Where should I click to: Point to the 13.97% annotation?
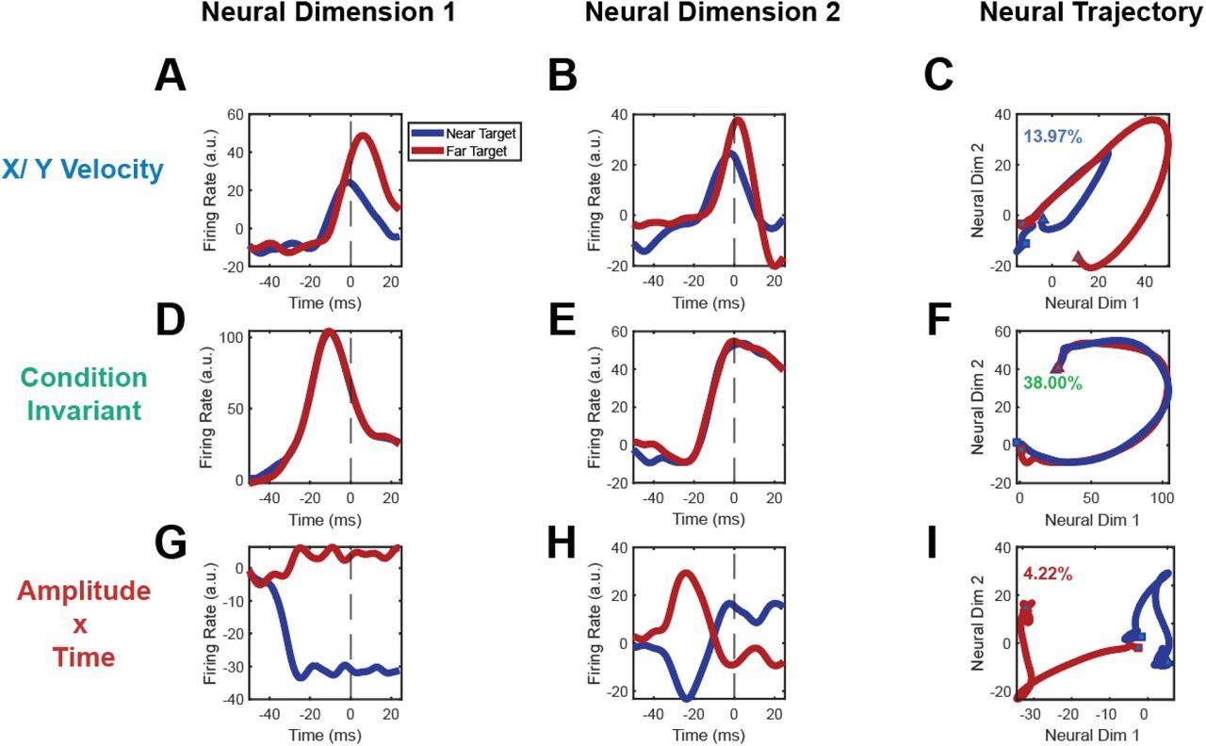click(x=1053, y=138)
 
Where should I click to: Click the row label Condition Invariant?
click(x=84, y=394)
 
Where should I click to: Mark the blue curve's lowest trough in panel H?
click(x=688, y=698)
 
